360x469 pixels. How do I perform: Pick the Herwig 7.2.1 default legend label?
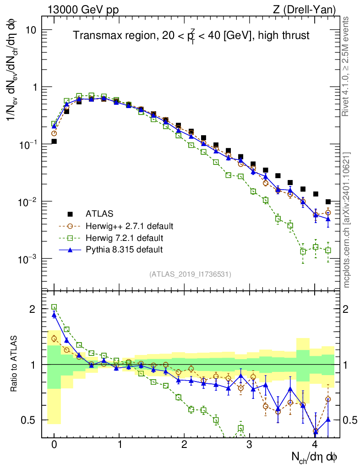[x=124, y=238]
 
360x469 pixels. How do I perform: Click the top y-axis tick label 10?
[x=30, y=30]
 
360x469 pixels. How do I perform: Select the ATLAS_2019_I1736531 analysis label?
[x=190, y=274]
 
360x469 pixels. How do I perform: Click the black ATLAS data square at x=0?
[x=54, y=142]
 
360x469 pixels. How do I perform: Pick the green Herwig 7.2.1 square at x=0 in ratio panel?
[x=54, y=307]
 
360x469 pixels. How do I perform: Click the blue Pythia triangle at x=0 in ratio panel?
[x=54, y=315]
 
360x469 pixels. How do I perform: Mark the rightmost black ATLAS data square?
[x=328, y=202]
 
